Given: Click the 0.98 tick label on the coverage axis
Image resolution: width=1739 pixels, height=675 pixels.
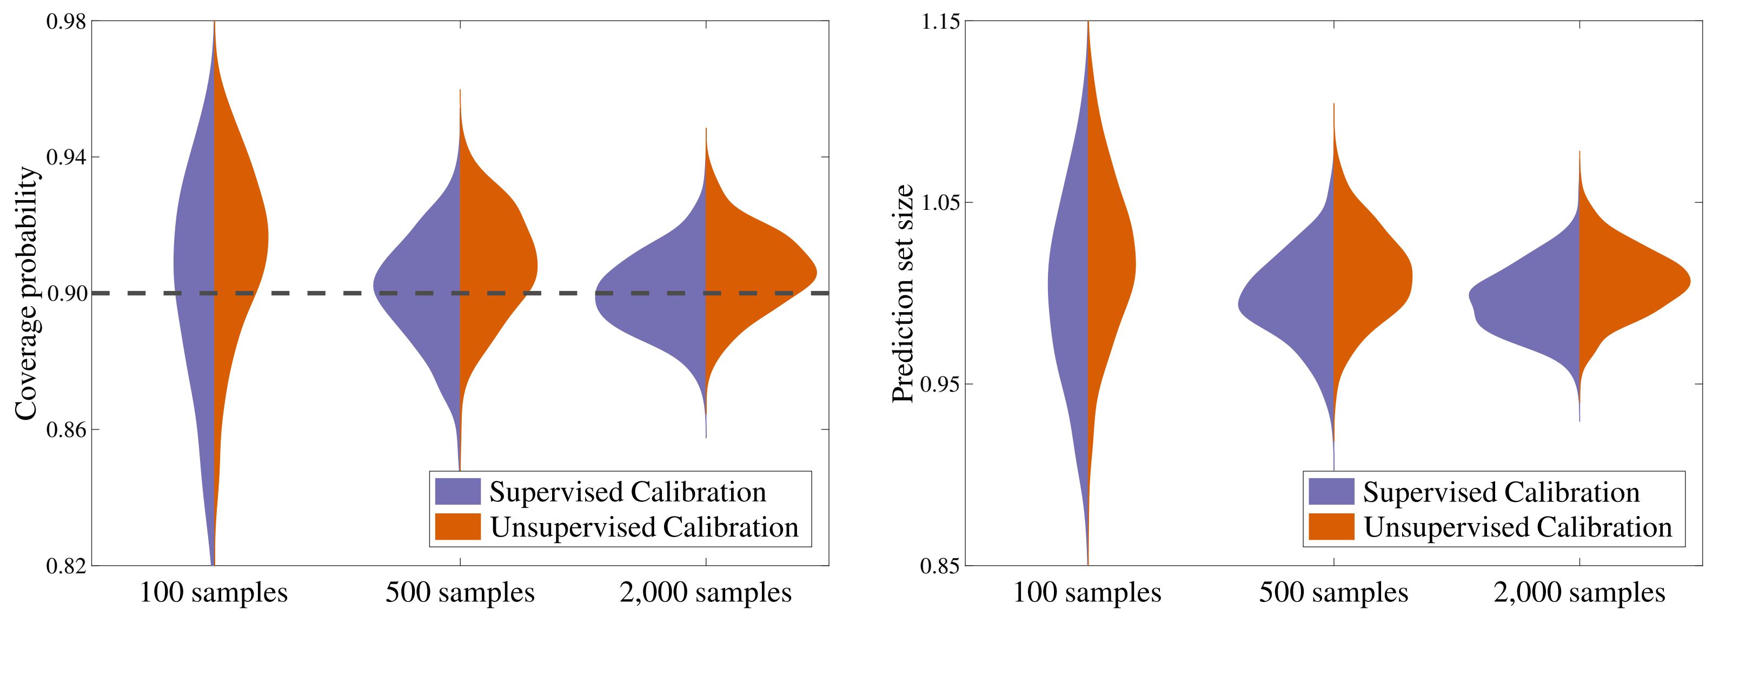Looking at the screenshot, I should click(x=66, y=22).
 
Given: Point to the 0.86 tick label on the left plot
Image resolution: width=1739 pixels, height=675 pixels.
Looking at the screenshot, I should click(x=66, y=429).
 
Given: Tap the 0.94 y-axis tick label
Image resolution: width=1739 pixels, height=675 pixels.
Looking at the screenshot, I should click(x=66, y=157).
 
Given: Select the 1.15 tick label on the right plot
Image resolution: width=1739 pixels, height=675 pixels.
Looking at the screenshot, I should click(x=940, y=22).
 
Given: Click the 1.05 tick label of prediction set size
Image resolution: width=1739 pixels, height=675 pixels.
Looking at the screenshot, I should click(x=940, y=202).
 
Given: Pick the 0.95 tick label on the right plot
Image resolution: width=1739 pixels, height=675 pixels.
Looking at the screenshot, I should click(x=940, y=384).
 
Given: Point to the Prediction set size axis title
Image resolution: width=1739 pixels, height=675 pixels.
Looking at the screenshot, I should click(x=902, y=293).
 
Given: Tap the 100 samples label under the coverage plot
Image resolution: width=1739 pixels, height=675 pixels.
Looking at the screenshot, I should click(x=214, y=593).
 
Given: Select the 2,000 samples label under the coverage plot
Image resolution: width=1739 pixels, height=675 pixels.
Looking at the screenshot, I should click(x=706, y=593).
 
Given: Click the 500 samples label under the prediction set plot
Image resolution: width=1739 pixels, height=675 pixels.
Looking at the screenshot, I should click(x=1333, y=593).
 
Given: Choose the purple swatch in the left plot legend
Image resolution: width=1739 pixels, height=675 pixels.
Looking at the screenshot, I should click(x=457, y=492).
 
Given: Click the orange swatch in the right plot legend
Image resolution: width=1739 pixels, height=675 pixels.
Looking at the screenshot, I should click(x=1331, y=526).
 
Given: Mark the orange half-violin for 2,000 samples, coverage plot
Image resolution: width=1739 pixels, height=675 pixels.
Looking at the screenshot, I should click(x=756, y=277).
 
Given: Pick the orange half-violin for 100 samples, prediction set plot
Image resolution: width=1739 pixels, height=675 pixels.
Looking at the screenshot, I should click(x=1111, y=270).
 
